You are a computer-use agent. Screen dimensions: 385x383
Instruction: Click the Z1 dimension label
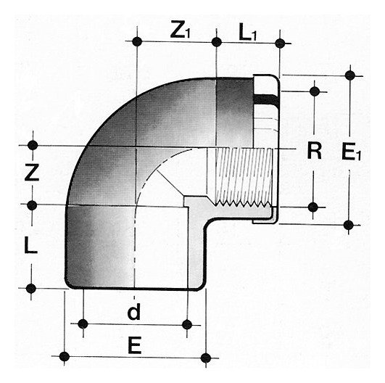pos(181,31)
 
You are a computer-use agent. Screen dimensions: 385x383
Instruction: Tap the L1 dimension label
pos(247,33)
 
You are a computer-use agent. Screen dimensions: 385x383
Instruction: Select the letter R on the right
pos(315,151)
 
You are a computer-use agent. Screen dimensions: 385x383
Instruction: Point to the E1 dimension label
pos(352,152)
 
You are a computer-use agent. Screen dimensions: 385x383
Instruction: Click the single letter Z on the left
pos(32,173)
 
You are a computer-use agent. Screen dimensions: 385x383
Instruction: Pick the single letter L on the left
pos(30,245)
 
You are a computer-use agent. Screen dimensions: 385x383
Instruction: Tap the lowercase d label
pos(134,311)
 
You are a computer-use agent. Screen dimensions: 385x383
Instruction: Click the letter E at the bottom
pos(135,346)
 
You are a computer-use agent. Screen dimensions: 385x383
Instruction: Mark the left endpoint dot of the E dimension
pos(65,356)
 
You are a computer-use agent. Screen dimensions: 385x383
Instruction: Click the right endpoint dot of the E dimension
pos(206,358)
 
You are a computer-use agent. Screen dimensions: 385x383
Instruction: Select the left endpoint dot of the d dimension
pos(83,324)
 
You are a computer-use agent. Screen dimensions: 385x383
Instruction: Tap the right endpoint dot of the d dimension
pos(187,325)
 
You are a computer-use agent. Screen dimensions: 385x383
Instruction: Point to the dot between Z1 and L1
pos(216,42)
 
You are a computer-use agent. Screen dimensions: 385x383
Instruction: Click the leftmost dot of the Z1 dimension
pos(137,41)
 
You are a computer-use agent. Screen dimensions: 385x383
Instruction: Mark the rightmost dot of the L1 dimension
pos(280,44)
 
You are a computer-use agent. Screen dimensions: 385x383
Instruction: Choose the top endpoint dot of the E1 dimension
pos(349,75)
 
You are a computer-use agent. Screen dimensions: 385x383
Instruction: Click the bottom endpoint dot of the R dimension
pos(312,207)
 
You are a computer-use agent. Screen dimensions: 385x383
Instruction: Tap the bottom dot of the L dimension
pos(31,289)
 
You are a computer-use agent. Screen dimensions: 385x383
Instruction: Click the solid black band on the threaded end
pos(266,99)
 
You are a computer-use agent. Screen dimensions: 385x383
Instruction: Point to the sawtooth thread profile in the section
pos(244,203)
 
